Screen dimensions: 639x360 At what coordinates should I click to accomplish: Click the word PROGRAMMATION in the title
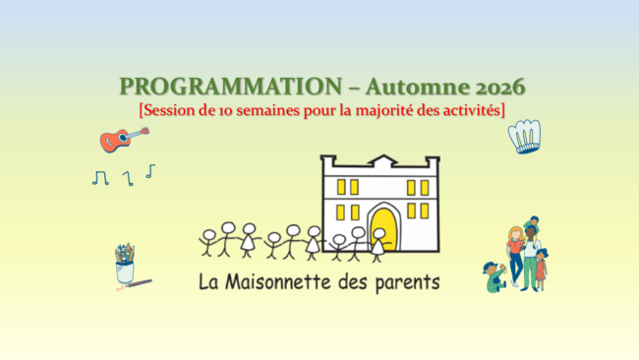pyautogui.click(x=231, y=87)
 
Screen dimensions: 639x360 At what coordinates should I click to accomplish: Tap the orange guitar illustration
pyautogui.click(x=124, y=140)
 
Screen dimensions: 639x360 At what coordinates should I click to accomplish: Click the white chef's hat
pyautogui.click(x=525, y=136)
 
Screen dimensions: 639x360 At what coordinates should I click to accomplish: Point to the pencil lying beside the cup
pyautogui.click(x=139, y=283)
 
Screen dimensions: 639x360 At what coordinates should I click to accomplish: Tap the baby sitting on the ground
pyautogui.click(x=494, y=276)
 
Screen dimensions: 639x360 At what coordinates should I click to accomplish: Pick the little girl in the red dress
pyautogui.click(x=542, y=269)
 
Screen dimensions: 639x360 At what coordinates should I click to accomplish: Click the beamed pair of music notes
pyautogui.click(x=100, y=178)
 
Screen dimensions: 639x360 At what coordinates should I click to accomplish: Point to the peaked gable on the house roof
pyautogui.click(x=383, y=159)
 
